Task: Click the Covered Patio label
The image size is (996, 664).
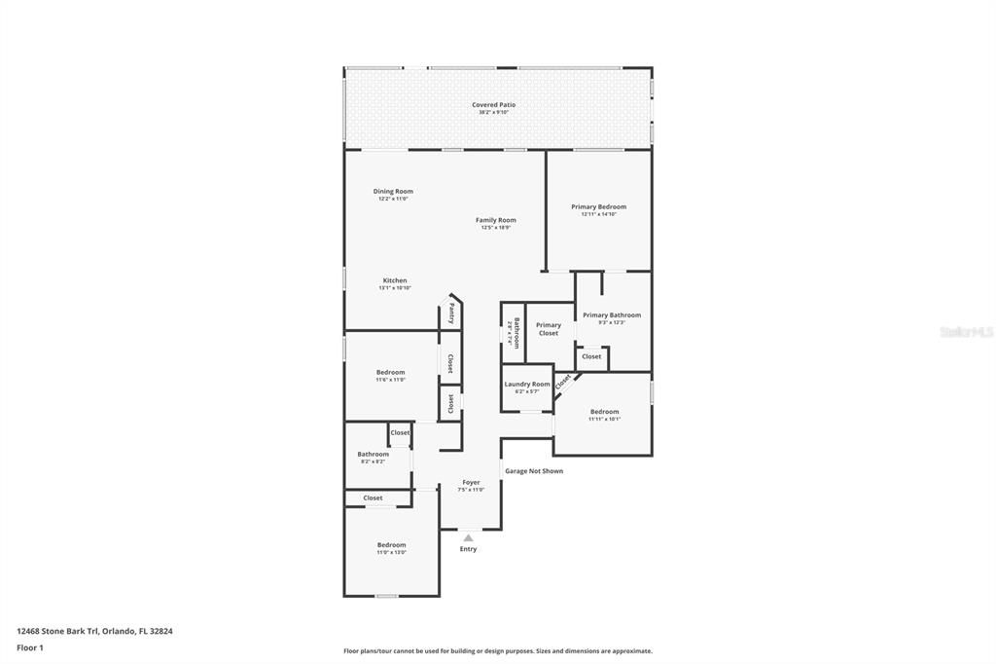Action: click(x=494, y=104)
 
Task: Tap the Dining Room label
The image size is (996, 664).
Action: click(x=393, y=191)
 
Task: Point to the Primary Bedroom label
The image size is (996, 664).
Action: click(x=598, y=206)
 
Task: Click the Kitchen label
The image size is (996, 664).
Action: click(x=395, y=280)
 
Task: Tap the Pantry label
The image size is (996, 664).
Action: click(x=452, y=313)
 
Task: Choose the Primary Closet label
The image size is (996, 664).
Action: click(x=549, y=329)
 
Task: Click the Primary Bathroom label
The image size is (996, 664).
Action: click(x=611, y=314)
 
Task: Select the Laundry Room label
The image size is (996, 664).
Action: click(x=526, y=384)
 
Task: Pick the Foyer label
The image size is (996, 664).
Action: click(x=471, y=482)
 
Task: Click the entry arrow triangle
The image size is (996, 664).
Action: click(x=468, y=537)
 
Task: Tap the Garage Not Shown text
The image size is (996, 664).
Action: click(x=533, y=471)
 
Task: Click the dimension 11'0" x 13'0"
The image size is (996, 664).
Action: click(x=392, y=552)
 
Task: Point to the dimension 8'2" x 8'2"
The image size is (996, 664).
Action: click(x=373, y=461)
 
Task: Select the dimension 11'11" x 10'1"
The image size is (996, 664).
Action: click(x=604, y=419)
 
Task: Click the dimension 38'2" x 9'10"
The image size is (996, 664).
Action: click(x=494, y=112)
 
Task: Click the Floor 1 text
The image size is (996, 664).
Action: click(x=30, y=647)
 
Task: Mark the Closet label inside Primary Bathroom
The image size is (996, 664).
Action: click(x=591, y=356)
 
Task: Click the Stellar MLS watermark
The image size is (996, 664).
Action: click(x=965, y=332)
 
